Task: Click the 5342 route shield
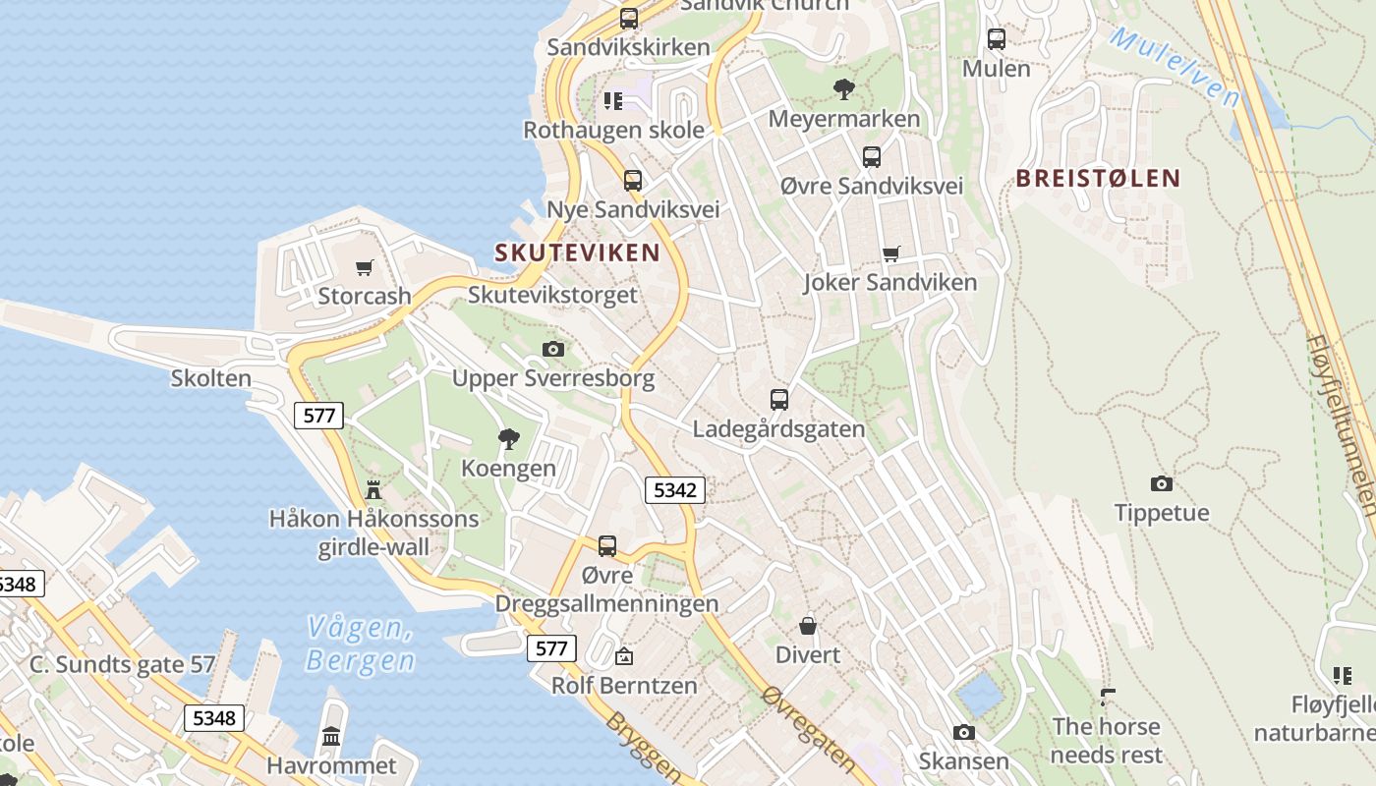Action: point(675,489)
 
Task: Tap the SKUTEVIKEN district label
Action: point(577,253)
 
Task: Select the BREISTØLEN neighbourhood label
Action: point(1098,179)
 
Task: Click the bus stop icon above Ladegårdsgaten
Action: point(779,400)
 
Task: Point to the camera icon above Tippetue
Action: point(1162,483)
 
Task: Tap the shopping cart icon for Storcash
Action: point(365,267)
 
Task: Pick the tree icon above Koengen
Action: point(508,439)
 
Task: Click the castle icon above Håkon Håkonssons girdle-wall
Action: point(373,489)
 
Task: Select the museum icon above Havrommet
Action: point(331,736)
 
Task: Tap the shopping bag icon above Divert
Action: point(808,626)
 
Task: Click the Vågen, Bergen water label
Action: point(360,644)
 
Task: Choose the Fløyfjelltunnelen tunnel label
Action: point(1340,422)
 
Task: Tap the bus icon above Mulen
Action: point(997,39)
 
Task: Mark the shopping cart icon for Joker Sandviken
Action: point(891,254)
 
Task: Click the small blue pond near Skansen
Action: point(980,694)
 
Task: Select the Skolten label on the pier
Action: point(211,378)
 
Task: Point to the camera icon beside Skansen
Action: point(964,732)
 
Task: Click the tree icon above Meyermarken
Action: point(843,89)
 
